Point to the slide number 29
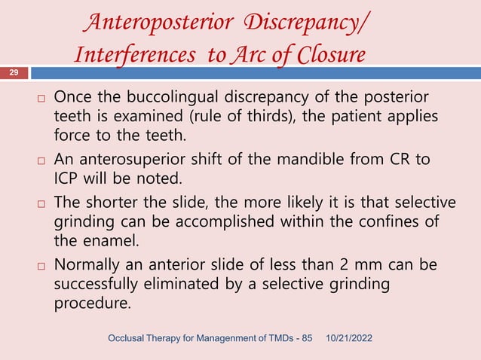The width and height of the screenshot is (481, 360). click(x=14, y=72)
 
